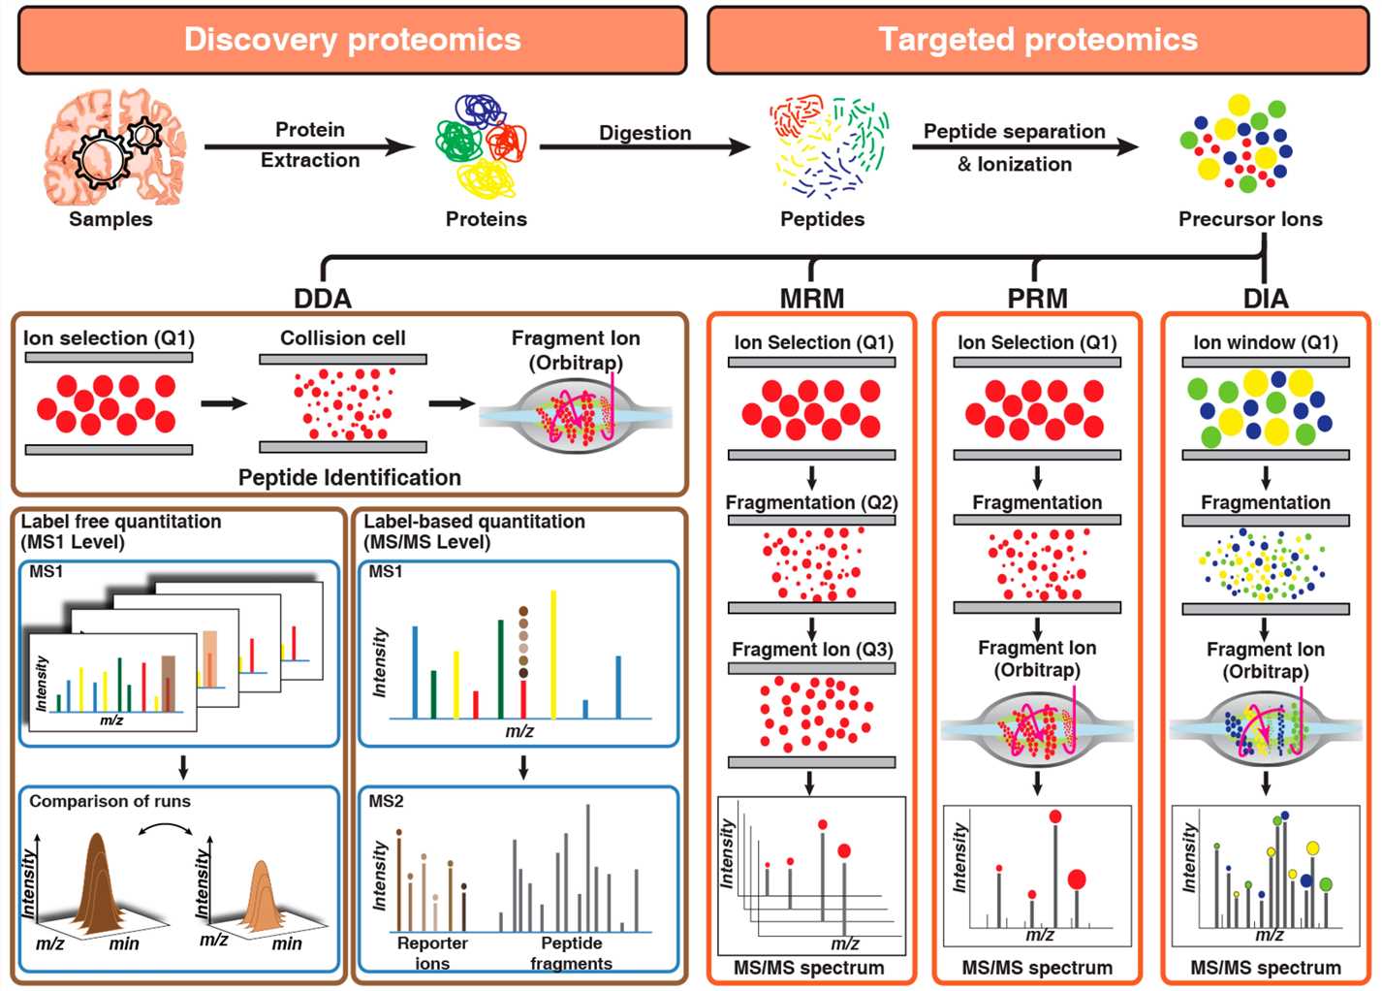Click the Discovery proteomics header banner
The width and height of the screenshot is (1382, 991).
pyautogui.click(x=352, y=40)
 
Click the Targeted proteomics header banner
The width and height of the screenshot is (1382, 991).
pyautogui.click(x=1037, y=40)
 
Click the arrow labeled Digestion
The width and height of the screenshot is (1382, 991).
pyautogui.click(x=644, y=147)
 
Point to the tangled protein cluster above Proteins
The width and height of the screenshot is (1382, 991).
pyautogui.click(x=482, y=145)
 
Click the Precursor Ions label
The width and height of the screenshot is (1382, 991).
pyautogui.click(x=1249, y=219)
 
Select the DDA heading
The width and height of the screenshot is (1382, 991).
pyautogui.click(x=323, y=299)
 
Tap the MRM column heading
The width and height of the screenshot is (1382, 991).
pyautogui.click(x=811, y=299)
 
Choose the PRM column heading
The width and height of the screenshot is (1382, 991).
pyautogui.click(x=1037, y=299)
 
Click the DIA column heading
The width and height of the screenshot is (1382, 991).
pyautogui.click(x=1265, y=299)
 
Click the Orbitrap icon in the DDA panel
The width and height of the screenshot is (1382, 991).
pyautogui.click(x=576, y=416)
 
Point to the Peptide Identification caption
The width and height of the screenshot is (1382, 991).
pyautogui.click(x=349, y=477)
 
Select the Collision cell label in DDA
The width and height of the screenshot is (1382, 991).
pyautogui.click(x=342, y=338)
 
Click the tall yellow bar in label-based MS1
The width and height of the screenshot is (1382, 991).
pyautogui.click(x=553, y=655)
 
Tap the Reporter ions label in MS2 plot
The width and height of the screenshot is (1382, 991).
pyautogui.click(x=432, y=952)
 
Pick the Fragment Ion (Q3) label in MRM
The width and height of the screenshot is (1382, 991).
pyautogui.click(x=812, y=650)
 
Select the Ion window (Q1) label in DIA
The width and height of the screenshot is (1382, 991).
pyautogui.click(x=1265, y=342)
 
